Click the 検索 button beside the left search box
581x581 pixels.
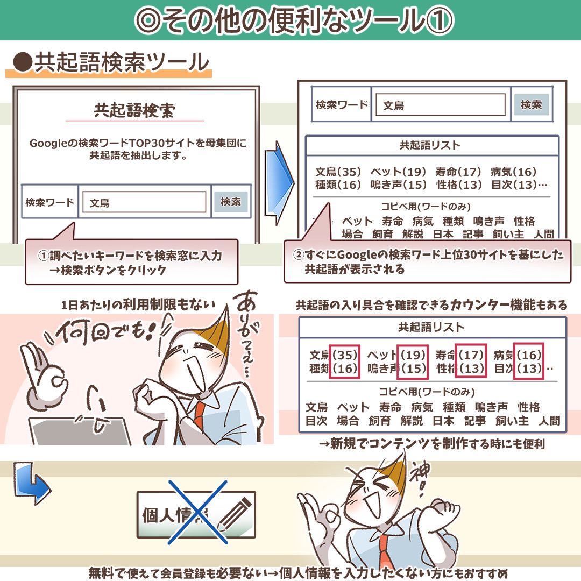click(x=231, y=202)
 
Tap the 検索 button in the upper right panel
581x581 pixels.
click(x=532, y=104)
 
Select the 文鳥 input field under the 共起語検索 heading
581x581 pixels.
click(x=144, y=202)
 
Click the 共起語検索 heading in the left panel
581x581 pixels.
click(x=134, y=110)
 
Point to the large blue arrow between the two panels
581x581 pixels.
click(x=279, y=183)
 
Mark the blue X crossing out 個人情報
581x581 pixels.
click(x=197, y=512)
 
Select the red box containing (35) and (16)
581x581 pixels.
click(x=344, y=362)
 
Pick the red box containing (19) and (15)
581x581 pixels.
click(x=413, y=362)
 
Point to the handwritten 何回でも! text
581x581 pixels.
click(x=108, y=331)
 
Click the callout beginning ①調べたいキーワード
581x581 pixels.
click(x=132, y=261)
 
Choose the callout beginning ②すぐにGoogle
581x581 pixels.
click(x=428, y=261)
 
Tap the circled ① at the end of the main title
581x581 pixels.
click(x=440, y=20)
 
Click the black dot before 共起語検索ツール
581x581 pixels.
click(x=23, y=61)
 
